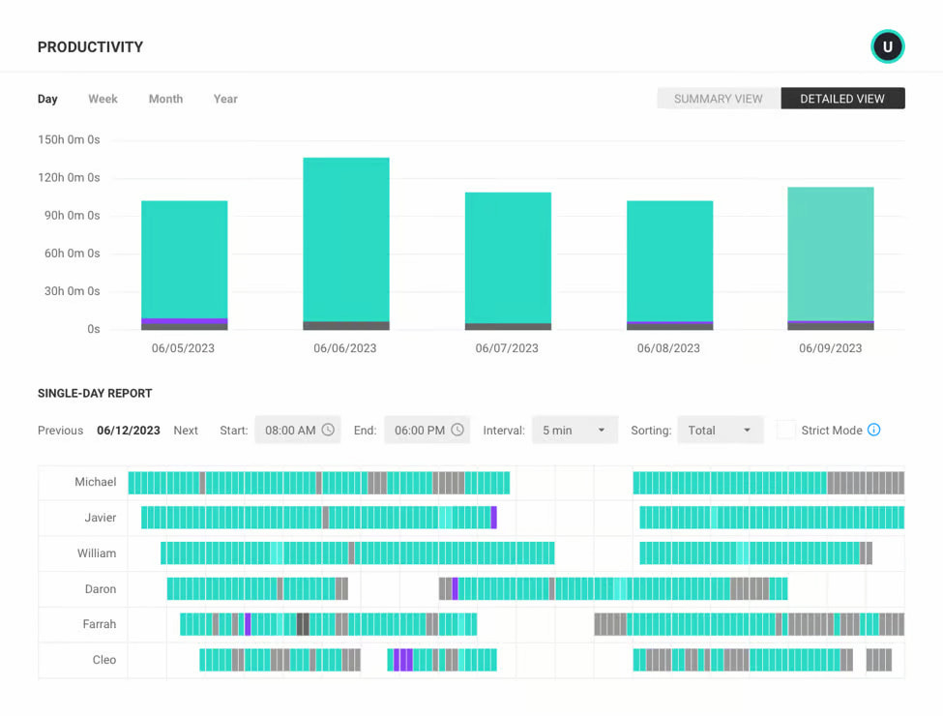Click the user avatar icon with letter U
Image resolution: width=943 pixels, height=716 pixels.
pos(887,46)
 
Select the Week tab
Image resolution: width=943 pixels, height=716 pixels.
pos(103,99)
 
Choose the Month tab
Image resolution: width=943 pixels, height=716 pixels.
pos(165,99)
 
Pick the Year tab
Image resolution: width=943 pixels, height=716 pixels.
pos(225,99)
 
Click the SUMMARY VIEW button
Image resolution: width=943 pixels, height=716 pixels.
pos(719,99)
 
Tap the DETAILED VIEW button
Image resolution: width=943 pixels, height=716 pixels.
pos(842,99)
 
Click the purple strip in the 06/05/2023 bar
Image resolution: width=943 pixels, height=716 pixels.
pos(185,320)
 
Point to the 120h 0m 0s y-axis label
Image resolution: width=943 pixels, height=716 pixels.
pos(69,178)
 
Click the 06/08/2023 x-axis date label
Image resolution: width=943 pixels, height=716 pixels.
pos(668,348)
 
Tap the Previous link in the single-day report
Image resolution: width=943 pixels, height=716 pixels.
pos(60,431)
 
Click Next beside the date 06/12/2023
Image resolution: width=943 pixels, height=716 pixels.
pos(186,431)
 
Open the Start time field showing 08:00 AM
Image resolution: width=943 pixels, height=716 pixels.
pos(297,431)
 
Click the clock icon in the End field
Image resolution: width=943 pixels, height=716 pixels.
pos(457,431)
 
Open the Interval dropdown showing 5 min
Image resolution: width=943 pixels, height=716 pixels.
pos(575,431)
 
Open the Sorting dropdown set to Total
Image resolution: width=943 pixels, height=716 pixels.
pos(720,431)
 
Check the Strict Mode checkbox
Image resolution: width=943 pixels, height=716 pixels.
pos(786,431)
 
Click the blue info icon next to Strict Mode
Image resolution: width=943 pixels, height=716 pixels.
pos(874,431)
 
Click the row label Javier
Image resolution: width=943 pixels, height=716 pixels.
pos(100,518)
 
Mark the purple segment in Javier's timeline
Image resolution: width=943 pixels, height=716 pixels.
pos(493,518)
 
